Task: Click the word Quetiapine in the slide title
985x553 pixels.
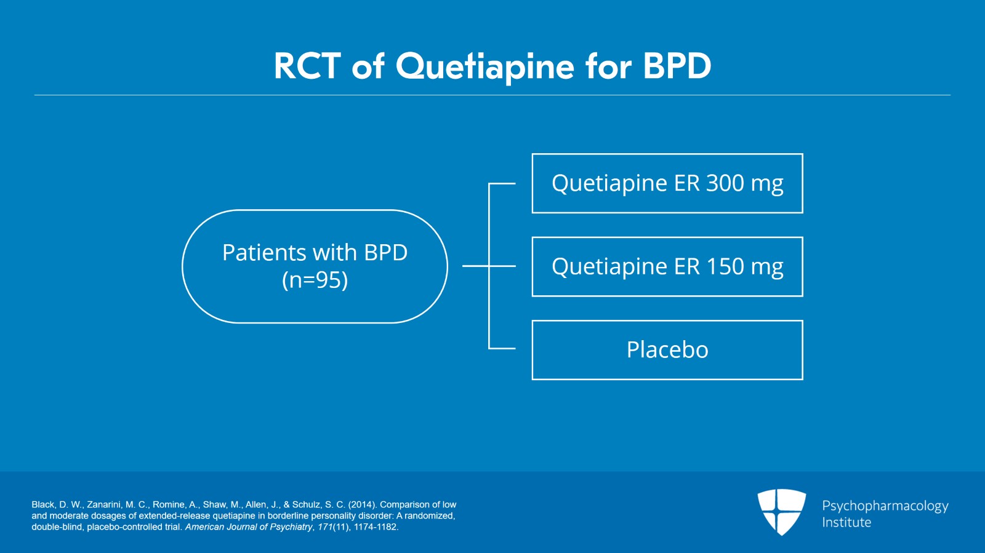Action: [x=485, y=67]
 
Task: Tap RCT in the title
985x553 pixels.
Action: [x=307, y=66]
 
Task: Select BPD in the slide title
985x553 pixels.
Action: [x=677, y=66]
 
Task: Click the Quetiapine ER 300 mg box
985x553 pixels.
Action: [x=667, y=183]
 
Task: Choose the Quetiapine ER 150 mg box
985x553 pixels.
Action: [x=667, y=266]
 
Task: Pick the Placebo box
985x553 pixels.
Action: [x=667, y=350]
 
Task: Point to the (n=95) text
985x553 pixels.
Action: [x=315, y=280]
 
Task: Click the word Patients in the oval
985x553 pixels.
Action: [x=264, y=252]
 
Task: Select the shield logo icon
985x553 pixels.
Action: [x=781, y=512]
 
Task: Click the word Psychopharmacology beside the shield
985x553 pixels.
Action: [x=885, y=506]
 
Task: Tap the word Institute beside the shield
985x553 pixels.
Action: [x=846, y=522]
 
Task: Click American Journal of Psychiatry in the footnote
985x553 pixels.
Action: [x=249, y=527]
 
